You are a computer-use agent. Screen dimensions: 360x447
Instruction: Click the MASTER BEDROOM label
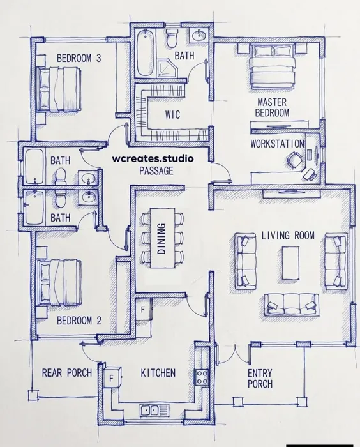coord(272,107)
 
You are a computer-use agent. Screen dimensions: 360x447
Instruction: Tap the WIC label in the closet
coord(172,114)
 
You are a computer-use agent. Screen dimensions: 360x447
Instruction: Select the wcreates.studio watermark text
coord(153,158)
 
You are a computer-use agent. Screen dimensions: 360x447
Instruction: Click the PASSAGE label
coord(156,170)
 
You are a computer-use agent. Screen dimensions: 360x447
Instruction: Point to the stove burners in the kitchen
coord(202,377)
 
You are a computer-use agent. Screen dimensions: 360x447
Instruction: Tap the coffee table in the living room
coord(290,262)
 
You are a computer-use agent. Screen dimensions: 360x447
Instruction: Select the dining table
coord(163,238)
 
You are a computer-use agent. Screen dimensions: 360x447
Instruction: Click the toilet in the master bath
coord(172,38)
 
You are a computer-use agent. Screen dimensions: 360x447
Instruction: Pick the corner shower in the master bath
coord(167,68)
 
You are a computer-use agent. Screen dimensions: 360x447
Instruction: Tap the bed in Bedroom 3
coord(59,89)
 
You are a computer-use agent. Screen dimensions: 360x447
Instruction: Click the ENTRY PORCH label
coord(260,378)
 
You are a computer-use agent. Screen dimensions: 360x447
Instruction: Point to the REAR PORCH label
coord(67,372)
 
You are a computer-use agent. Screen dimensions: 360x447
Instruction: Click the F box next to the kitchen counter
coord(112,378)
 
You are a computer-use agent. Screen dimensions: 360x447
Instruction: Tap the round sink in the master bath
coord(199,36)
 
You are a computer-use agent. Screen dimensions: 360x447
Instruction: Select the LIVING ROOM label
coord(288,236)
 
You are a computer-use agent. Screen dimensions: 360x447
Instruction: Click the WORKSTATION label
coord(277,144)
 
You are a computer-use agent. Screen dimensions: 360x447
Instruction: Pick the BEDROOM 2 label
coord(79,321)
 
